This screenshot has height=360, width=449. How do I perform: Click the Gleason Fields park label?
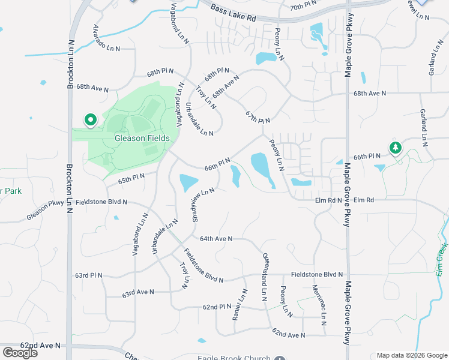(x=142, y=139)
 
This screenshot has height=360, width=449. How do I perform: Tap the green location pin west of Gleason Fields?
(x=91, y=121)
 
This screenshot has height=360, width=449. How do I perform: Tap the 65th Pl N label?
(x=131, y=178)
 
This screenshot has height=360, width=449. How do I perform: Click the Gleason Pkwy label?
(x=45, y=211)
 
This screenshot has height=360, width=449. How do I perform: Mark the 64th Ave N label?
(x=215, y=239)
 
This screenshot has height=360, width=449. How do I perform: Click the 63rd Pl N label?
(x=89, y=275)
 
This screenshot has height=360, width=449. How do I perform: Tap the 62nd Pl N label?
(x=217, y=307)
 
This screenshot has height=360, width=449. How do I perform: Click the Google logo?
(x=20, y=352)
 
